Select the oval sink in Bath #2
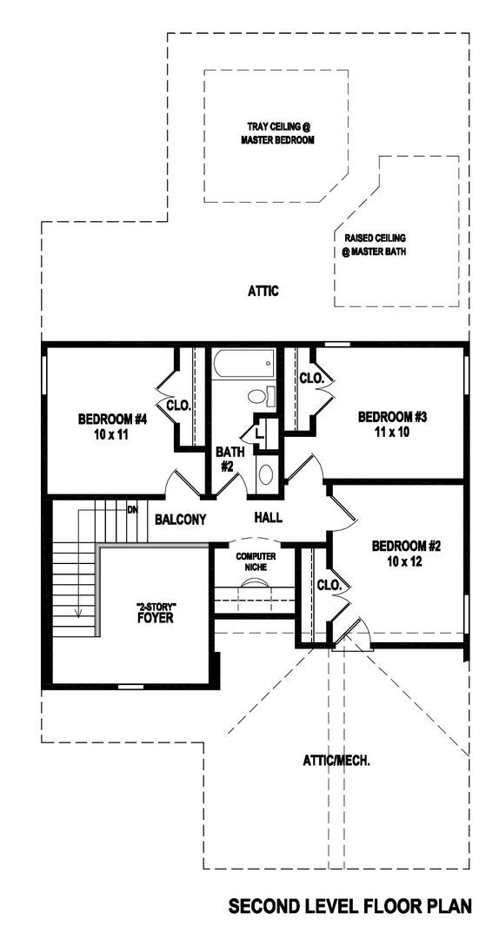(265, 474)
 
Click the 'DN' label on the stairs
(132, 509)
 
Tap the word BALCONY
(180, 519)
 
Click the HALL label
(268, 517)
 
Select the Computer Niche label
(251, 561)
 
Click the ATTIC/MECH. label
(336, 761)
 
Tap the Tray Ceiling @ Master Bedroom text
(277, 134)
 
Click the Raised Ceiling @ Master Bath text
(374, 245)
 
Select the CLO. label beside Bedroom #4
(178, 406)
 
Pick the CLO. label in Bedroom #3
(311, 379)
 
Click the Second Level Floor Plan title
(349, 906)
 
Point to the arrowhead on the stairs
(78, 612)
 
